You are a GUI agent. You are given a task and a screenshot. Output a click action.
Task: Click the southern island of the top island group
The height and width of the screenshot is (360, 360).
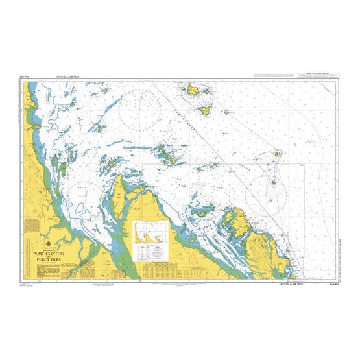pyautogui.click(x=206, y=110)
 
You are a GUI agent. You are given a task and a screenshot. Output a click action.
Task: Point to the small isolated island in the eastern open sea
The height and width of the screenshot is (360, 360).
pyautogui.click(x=277, y=155)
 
